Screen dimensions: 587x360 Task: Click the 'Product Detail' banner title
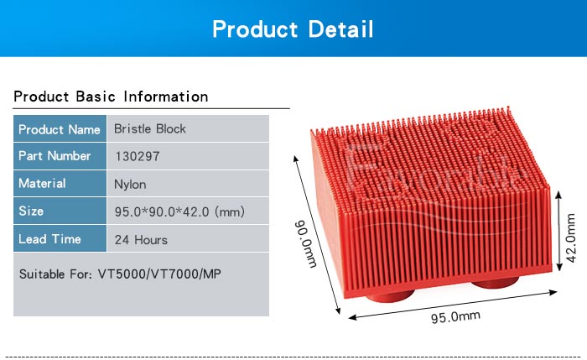tap(293, 29)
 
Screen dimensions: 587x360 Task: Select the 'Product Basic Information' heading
tap(111, 97)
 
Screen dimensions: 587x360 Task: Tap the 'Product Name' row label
tap(60, 129)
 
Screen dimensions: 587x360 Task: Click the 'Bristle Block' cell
tap(150, 129)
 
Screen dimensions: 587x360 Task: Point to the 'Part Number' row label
tap(55, 156)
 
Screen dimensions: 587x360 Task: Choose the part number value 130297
tap(138, 156)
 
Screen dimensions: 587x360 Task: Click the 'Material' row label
tap(42, 183)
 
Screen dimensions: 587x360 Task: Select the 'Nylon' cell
tap(130, 185)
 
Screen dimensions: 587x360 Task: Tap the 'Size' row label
tap(31, 211)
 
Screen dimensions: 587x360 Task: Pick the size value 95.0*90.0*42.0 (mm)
tap(179, 211)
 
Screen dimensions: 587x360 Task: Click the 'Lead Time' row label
tap(49, 239)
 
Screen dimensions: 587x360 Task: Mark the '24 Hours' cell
tap(141, 240)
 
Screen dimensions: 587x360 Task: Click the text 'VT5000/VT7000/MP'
tap(159, 274)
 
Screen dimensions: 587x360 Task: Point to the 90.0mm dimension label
tap(306, 244)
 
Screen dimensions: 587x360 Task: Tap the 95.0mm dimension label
tap(455, 317)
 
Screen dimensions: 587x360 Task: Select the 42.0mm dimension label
tap(570, 237)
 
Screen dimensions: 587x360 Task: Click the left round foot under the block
tap(390, 296)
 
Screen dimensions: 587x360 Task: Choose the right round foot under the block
tap(495, 282)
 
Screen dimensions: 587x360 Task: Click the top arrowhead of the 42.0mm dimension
tap(559, 194)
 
